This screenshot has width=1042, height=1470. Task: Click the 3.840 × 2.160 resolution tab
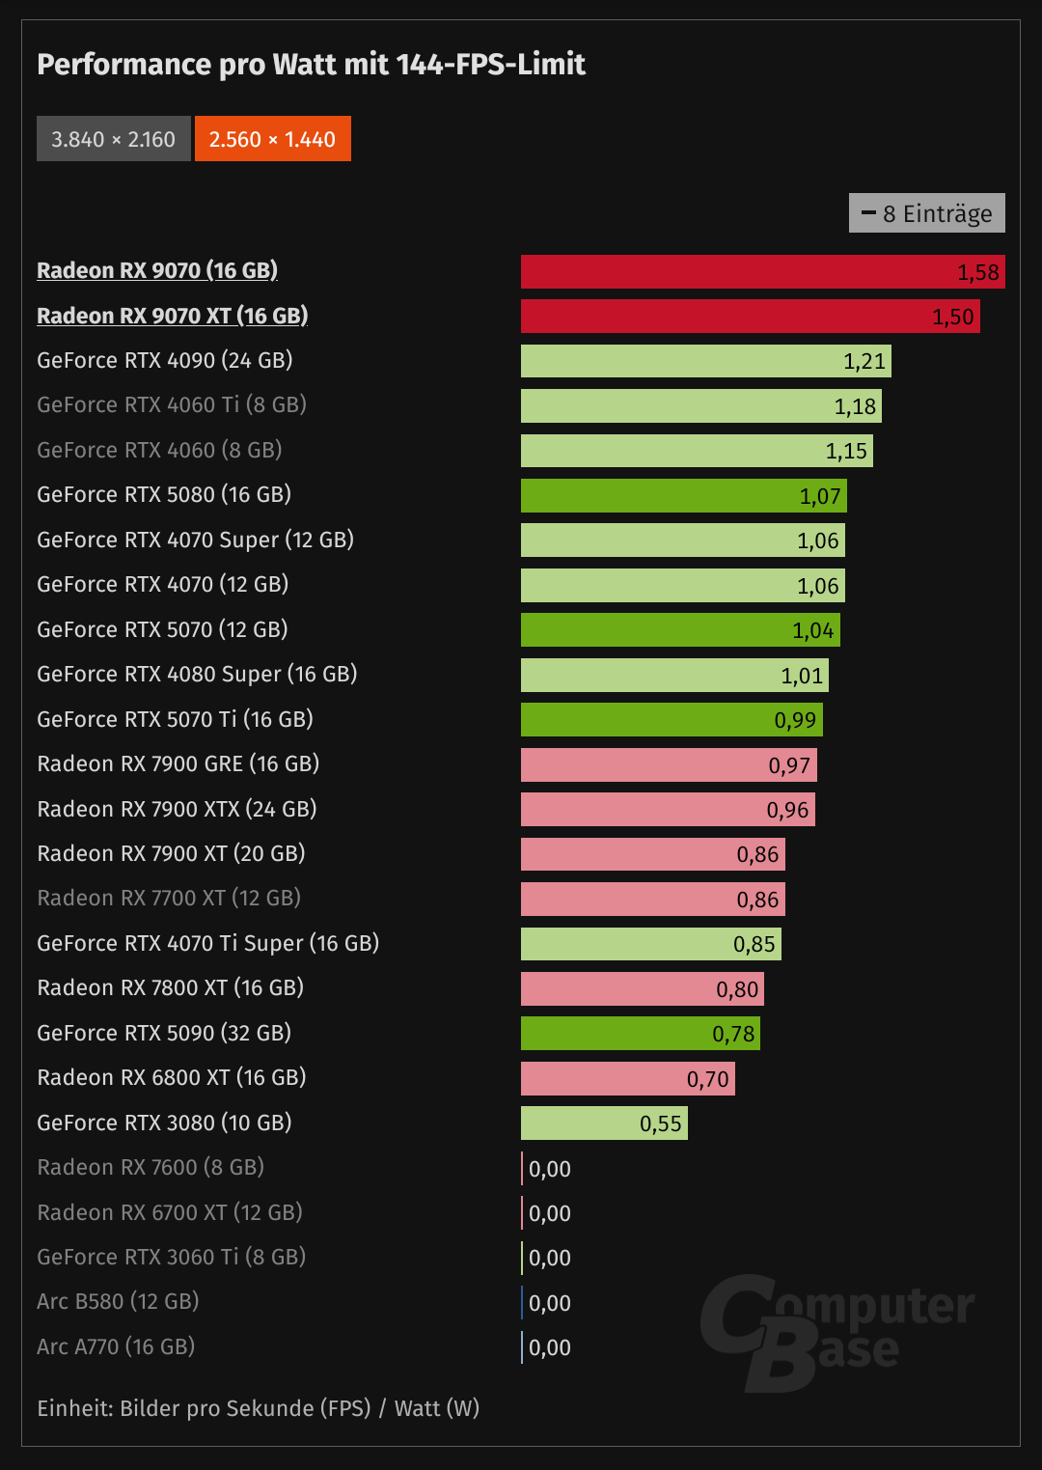click(x=113, y=139)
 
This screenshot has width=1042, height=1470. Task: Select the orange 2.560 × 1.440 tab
click(x=272, y=139)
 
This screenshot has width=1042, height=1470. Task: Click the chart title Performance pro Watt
click(x=311, y=65)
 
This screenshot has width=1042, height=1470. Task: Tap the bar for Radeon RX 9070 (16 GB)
click(x=762, y=271)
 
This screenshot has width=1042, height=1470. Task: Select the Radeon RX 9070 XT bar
click(x=750, y=317)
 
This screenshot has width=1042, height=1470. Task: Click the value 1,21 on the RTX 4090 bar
click(x=864, y=361)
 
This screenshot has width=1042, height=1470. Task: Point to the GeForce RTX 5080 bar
click(x=683, y=496)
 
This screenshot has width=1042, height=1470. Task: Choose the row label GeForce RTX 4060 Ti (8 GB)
click(x=172, y=404)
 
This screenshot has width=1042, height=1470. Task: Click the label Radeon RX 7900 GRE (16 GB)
click(x=178, y=763)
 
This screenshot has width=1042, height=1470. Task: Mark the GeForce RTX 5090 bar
click(x=640, y=1034)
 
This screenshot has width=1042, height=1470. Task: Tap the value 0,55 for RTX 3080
click(x=660, y=1123)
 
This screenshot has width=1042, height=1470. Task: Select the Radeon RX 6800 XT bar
click(x=627, y=1078)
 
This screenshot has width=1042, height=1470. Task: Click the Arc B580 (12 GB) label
click(x=118, y=1301)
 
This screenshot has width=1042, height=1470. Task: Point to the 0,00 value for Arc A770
click(x=550, y=1347)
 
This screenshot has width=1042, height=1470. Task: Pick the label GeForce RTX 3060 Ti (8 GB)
click(x=171, y=1257)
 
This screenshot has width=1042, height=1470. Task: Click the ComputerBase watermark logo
click(x=836, y=1332)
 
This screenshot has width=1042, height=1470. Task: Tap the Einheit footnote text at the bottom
click(x=258, y=1408)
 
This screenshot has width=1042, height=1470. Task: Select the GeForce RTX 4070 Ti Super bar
click(x=650, y=944)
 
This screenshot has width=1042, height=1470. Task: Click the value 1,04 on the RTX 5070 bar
click(x=812, y=630)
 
